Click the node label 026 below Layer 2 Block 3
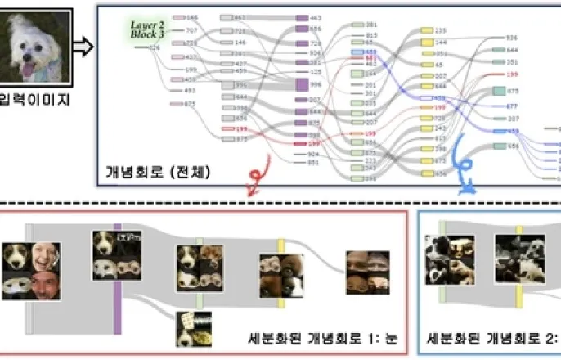pos(154,48)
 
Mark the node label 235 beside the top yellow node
pos(441,29)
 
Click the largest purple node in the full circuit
pos(300,83)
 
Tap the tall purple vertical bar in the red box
pos(117,278)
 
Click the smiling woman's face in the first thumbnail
pos(45,257)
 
